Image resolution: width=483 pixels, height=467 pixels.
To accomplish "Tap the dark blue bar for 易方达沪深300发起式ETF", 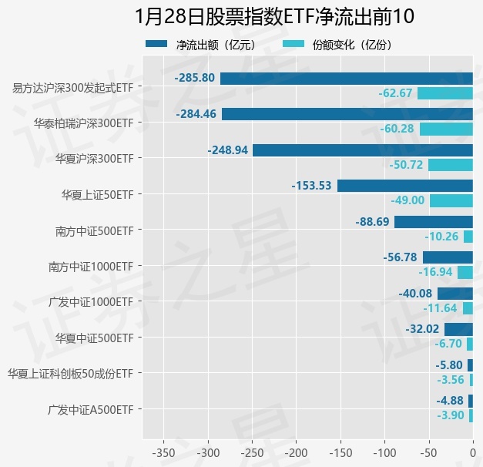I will [347, 79].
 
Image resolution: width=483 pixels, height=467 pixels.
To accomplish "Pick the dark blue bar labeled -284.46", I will [347, 114].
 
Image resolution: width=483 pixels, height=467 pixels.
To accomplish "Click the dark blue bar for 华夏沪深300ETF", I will [363, 150].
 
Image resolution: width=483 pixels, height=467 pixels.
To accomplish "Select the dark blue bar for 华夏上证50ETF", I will [405, 186].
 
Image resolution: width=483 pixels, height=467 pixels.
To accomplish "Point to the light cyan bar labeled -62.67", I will [445, 93].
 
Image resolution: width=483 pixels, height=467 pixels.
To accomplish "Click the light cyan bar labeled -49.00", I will [451, 200].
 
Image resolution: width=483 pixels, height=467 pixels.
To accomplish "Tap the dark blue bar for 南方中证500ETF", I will [434, 222].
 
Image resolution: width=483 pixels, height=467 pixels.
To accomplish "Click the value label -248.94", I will [228, 150].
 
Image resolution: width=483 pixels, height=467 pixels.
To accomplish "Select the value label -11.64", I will [441, 308].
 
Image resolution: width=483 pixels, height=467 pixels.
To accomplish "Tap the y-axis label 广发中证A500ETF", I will [90, 409].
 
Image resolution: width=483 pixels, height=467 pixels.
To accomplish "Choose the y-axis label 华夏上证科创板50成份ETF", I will [70, 374].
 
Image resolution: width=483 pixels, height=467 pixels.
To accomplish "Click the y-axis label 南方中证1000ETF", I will [91, 267].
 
